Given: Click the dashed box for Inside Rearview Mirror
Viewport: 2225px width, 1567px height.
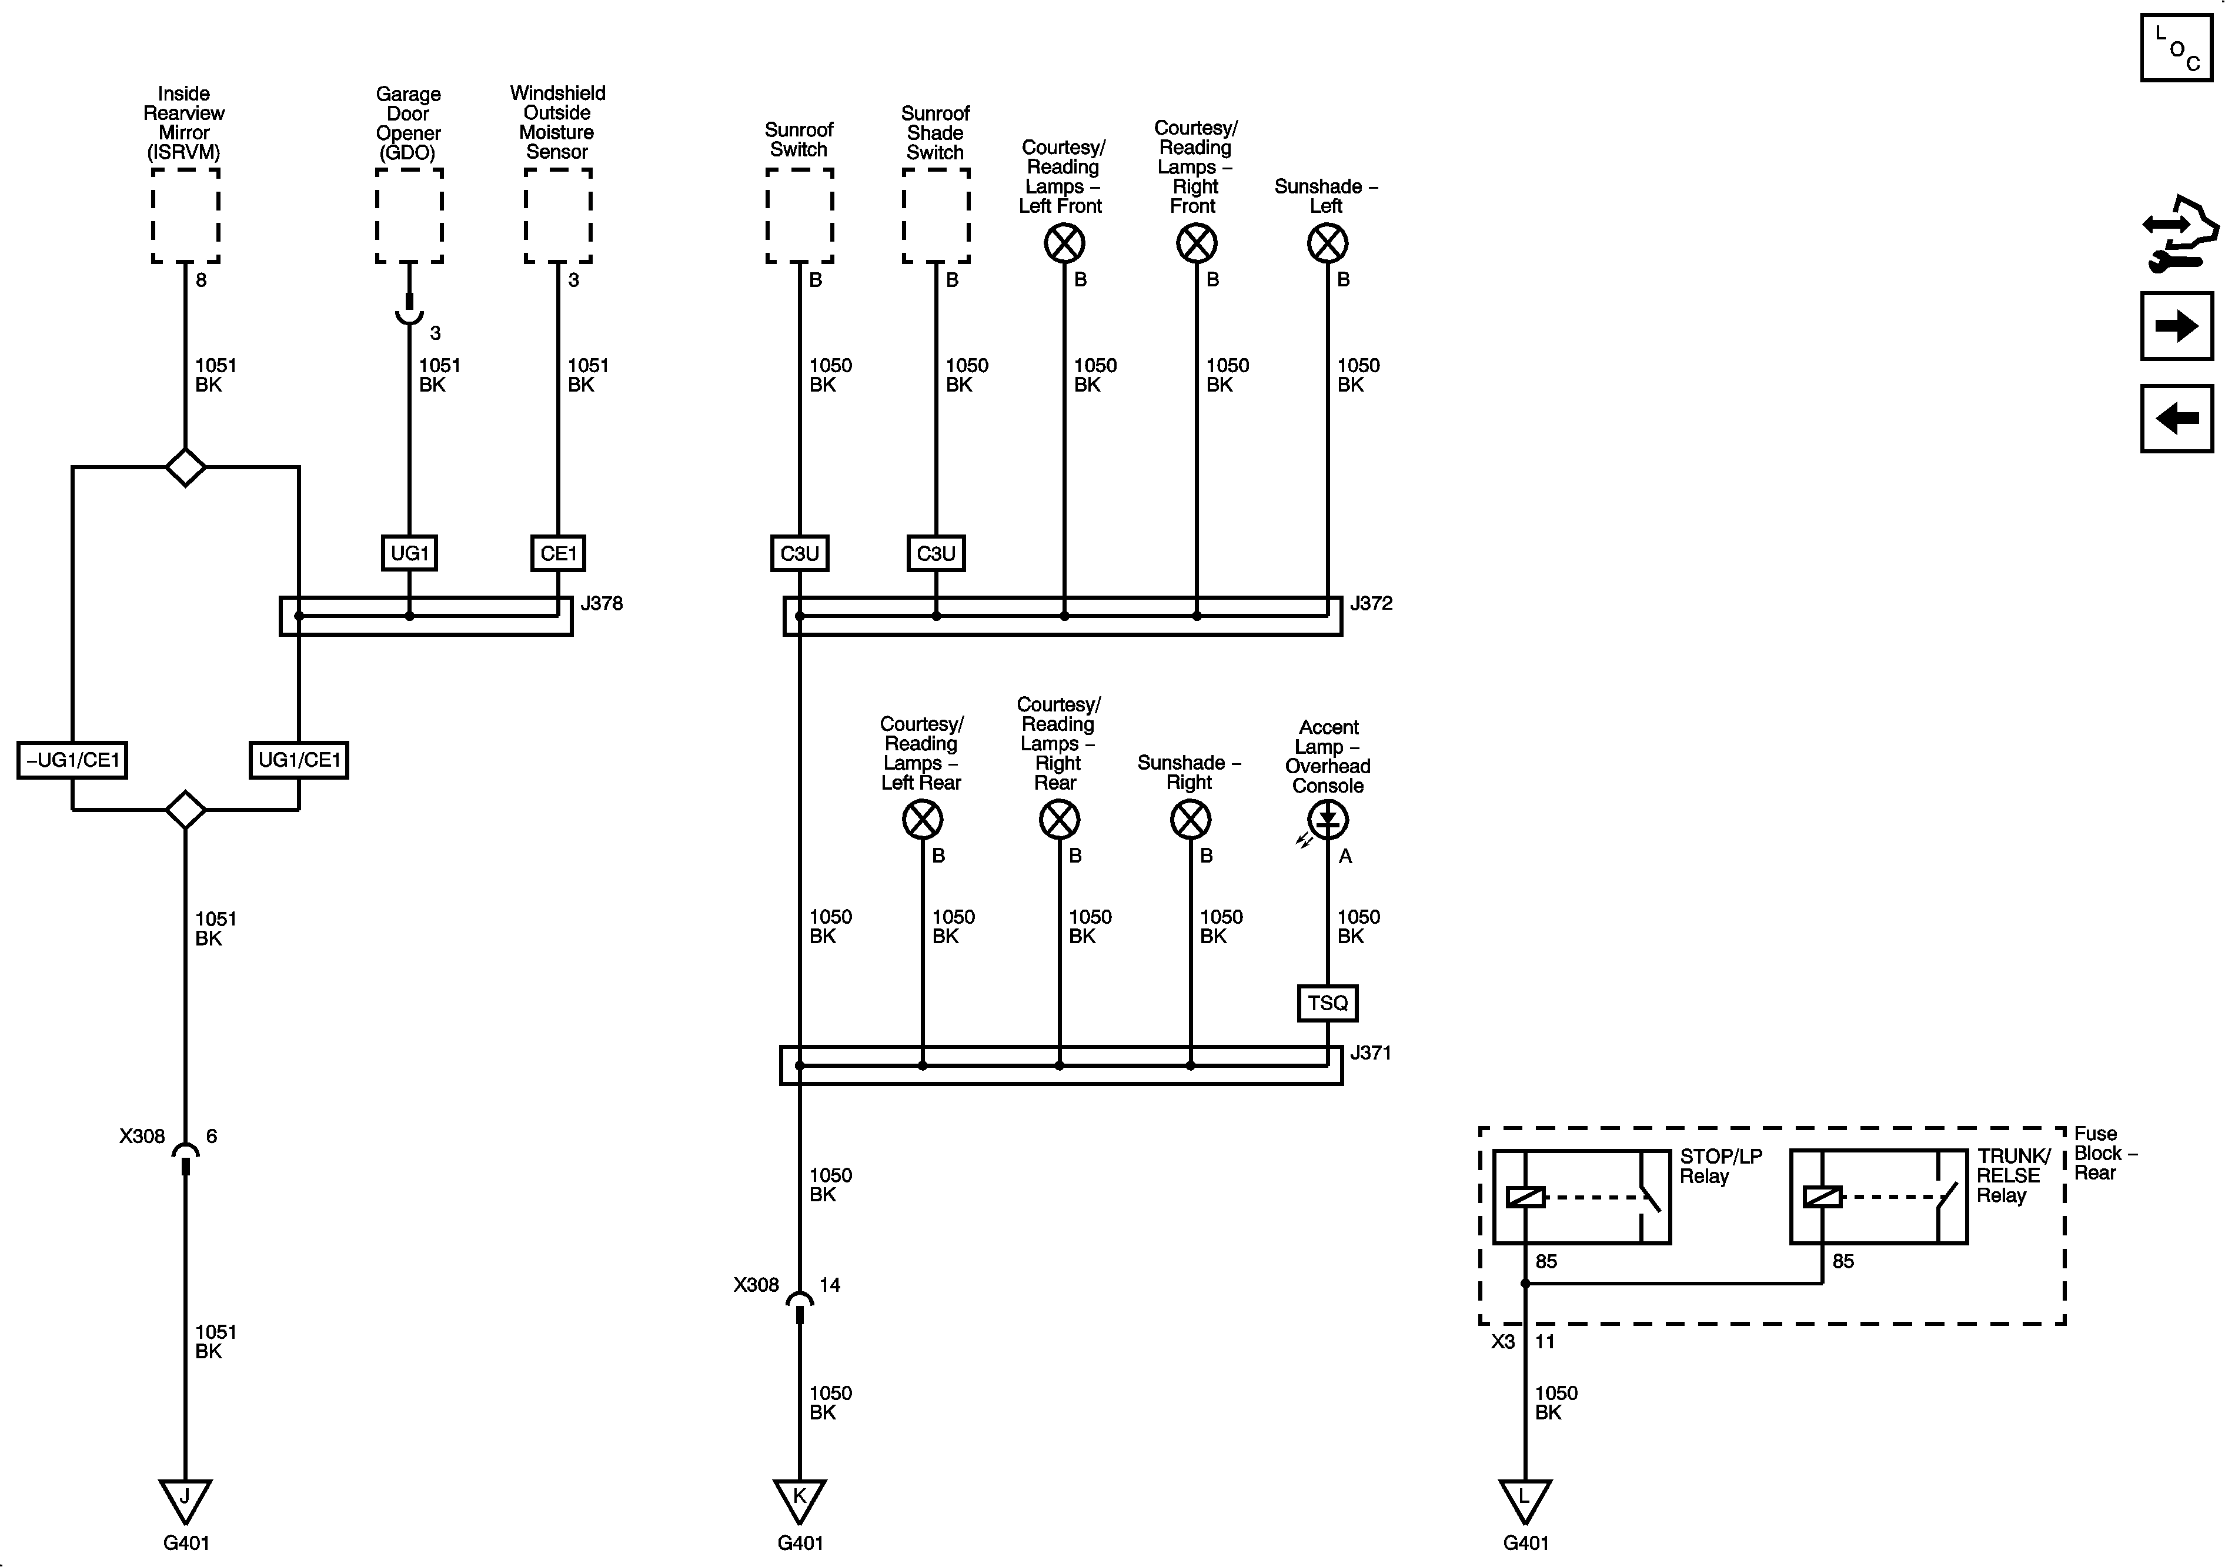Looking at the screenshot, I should [185, 215].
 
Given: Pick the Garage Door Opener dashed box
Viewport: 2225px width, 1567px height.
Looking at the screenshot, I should [409, 215].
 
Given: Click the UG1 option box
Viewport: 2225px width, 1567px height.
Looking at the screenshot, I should [409, 553].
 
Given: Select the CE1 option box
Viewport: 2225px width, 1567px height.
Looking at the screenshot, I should [558, 553].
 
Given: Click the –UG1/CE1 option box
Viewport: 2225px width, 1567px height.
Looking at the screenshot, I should [73, 760].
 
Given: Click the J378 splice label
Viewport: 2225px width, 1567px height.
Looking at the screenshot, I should [601, 604].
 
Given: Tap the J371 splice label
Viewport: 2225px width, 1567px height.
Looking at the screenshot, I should [1370, 1053].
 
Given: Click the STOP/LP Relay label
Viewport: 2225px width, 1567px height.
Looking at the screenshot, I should [1719, 1167].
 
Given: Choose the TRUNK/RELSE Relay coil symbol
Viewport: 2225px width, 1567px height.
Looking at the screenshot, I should [1822, 1197].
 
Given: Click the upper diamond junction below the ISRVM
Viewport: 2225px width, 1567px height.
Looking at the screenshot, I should [185, 467].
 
